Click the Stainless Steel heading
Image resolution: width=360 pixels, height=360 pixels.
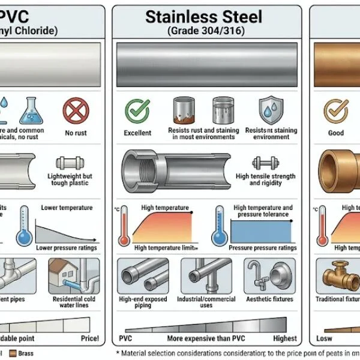click(x=203, y=16)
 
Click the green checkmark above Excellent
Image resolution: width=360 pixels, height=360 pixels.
click(x=136, y=110)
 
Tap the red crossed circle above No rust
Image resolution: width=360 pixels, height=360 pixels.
click(x=76, y=110)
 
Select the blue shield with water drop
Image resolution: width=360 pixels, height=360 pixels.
click(x=270, y=111)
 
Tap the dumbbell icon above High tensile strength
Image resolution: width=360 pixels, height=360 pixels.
click(x=265, y=163)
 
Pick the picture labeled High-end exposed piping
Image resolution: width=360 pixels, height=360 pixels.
click(x=143, y=275)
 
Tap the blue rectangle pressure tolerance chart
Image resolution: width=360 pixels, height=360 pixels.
click(x=263, y=231)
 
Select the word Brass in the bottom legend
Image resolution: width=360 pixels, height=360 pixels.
click(x=26, y=353)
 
